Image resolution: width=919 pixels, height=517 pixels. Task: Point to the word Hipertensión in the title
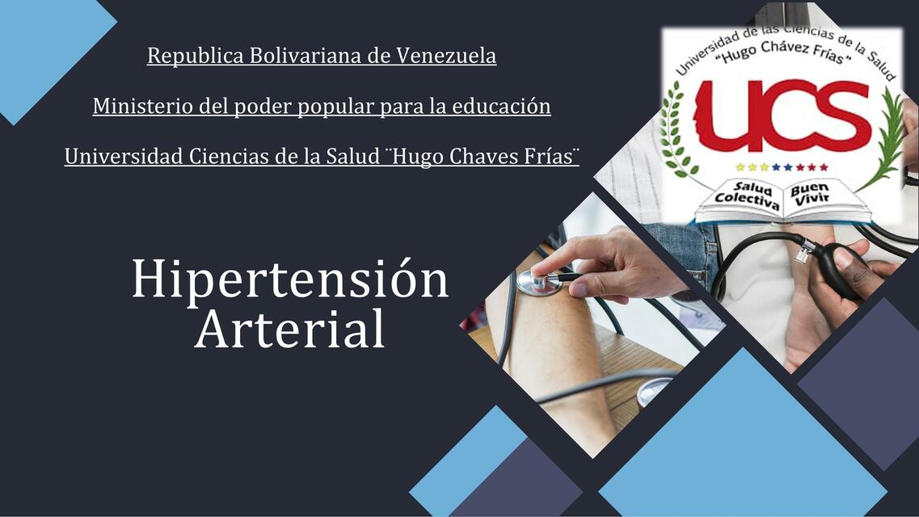point(289,280)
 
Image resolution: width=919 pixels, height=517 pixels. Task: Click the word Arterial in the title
point(289,330)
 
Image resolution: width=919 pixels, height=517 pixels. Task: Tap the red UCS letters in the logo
point(782,116)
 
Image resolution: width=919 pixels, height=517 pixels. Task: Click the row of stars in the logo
point(782,167)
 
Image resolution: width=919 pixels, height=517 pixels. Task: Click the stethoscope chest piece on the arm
point(538,283)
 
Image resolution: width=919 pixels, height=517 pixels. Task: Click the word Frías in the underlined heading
point(554,157)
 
